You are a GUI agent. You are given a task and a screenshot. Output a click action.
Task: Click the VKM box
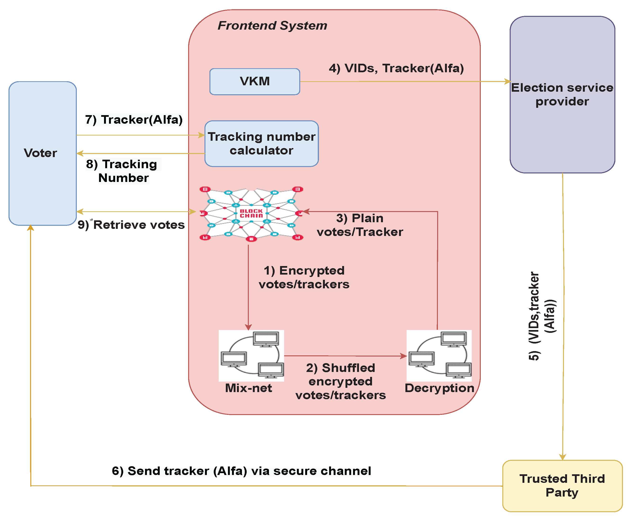(254, 81)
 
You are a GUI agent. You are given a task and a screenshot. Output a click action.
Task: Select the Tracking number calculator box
(261, 144)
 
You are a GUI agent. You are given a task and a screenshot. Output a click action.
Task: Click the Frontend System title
(272, 25)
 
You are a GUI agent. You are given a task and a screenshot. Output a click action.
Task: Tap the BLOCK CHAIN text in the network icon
(251, 213)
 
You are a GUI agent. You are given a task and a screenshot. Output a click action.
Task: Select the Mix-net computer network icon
(251, 356)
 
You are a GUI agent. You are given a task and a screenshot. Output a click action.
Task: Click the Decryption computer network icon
(439, 356)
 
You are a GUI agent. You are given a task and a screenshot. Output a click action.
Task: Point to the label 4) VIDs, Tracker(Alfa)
(396, 68)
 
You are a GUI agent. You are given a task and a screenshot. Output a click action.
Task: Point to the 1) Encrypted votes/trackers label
(304, 277)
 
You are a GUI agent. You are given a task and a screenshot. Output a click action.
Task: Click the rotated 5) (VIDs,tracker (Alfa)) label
(541, 316)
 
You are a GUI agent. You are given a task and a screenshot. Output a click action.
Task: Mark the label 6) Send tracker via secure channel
(241, 471)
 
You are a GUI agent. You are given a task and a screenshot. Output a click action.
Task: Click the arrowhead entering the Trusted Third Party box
(562, 457)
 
